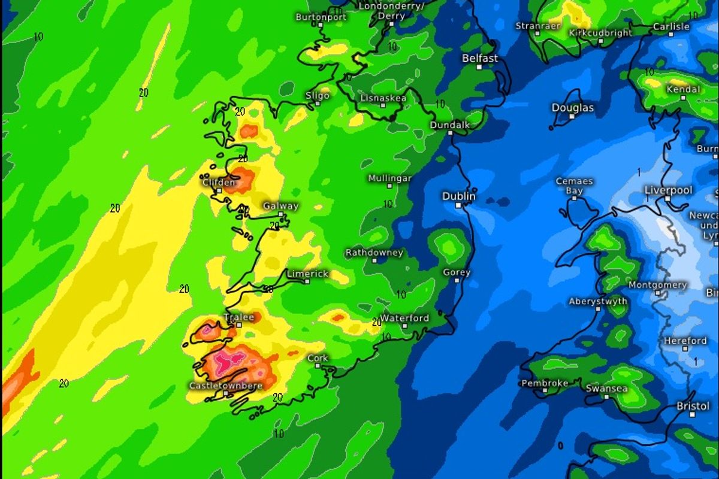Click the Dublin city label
tap(459, 196)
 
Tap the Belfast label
tap(480, 58)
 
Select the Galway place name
tap(280, 206)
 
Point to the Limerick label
tap(307, 274)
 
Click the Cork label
tap(318, 358)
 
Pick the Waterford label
tap(404, 318)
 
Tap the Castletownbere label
tap(225, 386)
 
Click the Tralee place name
tap(238, 317)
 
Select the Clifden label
tap(219, 183)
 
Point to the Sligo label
tap(318, 95)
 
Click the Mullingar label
tap(389, 178)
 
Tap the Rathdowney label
tap(374, 253)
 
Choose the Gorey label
tap(457, 272)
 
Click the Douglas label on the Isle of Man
tap(573, 108)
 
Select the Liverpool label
tap(668, 190)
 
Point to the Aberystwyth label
tap(598, 301)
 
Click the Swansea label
tap(606, 389)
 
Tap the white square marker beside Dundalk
tap(451, 133)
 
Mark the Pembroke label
tap(544, 383)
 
